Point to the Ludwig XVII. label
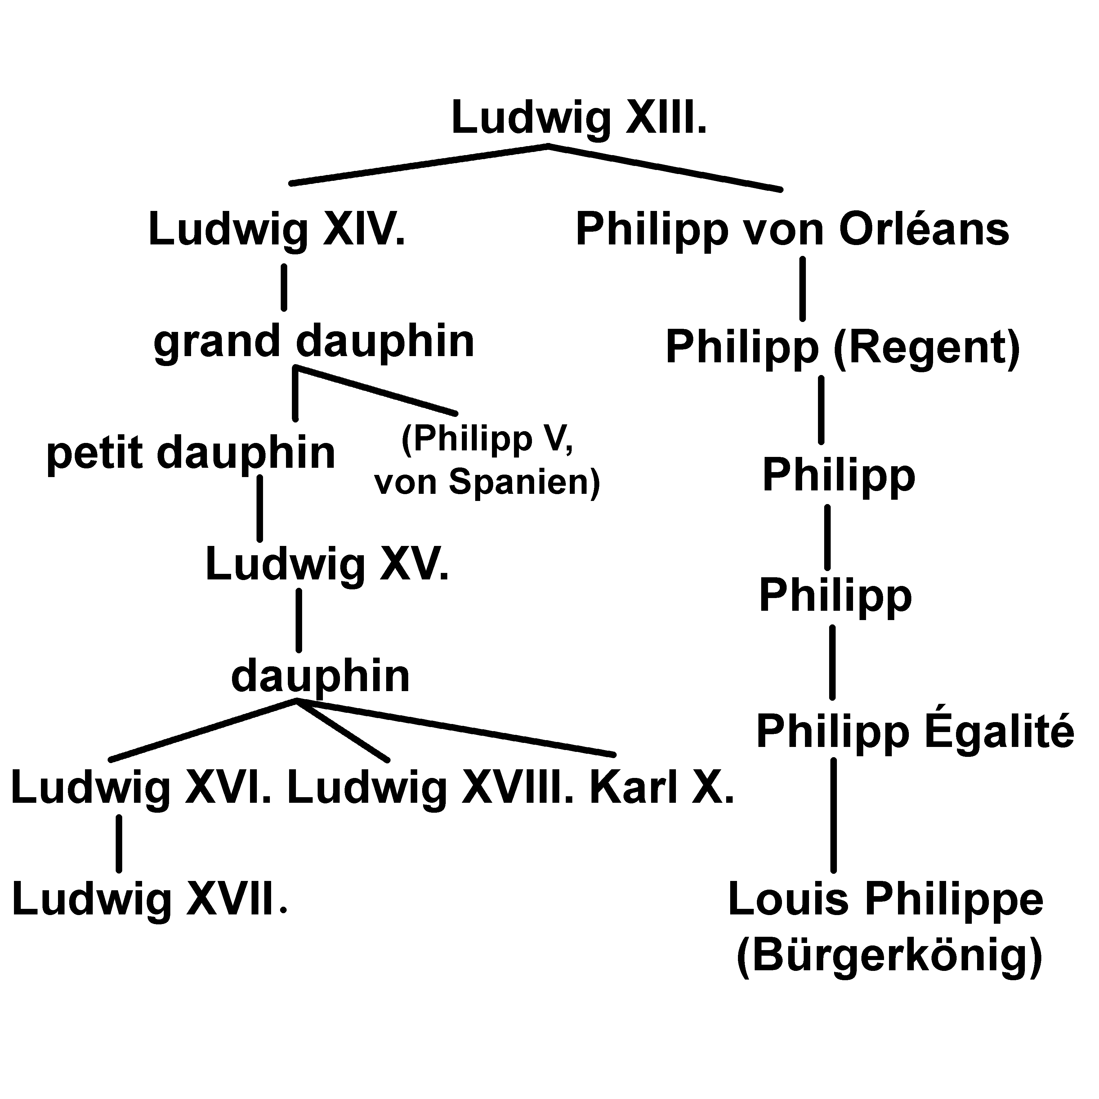[x=149, y=899]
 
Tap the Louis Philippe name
[x=886, y=899]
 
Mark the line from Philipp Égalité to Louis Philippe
[x=833, y=815]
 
